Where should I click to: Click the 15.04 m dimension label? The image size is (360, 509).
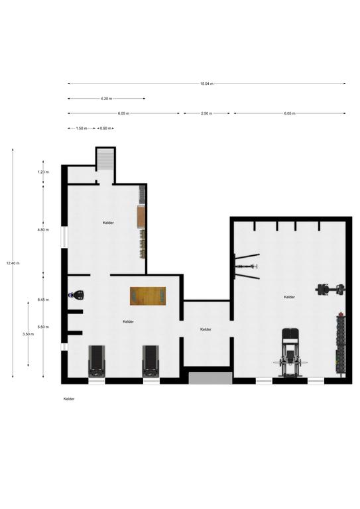[206, 84]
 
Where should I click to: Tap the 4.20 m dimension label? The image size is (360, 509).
[106, 98]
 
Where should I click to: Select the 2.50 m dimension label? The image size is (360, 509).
[206, 113]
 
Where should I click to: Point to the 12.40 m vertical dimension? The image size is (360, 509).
[13, 263]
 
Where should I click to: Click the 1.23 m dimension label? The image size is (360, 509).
[43, 172]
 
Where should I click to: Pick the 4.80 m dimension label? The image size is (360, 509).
[43, 230]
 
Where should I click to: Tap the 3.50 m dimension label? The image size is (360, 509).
[29, 334]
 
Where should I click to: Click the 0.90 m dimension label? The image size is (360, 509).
[105, 128]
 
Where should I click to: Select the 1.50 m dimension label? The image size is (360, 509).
[82, 128]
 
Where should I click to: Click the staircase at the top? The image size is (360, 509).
[106, 159]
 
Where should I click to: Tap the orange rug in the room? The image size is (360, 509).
[148, 296]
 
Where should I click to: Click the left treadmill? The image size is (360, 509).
[97, 361]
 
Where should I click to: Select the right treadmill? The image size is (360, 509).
[151, 361]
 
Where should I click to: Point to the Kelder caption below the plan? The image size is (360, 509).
[69, 399]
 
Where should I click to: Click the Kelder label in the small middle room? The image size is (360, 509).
[206, 329]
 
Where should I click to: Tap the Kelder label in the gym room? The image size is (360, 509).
[289, 297]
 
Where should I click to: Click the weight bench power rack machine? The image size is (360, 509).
[290, 353]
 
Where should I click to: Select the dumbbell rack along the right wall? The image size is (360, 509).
[340, 344]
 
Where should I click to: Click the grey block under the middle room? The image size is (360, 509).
[211, 378]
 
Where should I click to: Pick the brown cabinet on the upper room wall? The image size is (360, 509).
[141, 217]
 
